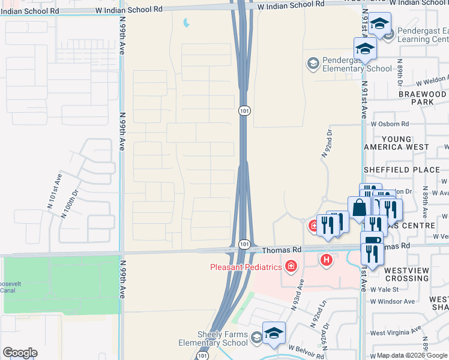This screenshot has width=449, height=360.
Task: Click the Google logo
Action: tap(20, 353)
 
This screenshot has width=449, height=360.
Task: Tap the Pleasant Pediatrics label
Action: tap(245, 266)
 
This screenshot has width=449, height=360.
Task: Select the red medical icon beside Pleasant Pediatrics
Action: tap(291, 266)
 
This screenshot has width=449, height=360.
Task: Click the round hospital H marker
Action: tap(327, 260)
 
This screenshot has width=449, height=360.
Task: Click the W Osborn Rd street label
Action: tap(390, 124)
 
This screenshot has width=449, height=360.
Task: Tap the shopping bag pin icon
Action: tap(359, 209)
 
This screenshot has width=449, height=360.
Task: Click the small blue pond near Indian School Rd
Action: tap(186, 24)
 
